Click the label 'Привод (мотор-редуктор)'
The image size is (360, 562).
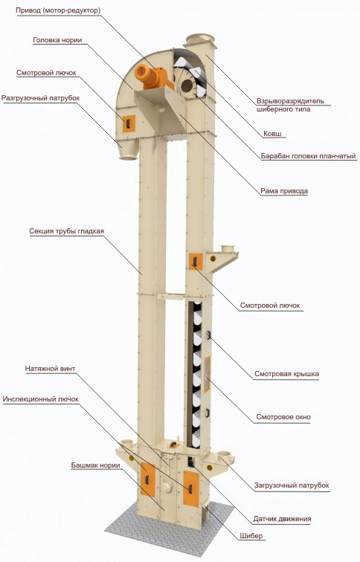58,10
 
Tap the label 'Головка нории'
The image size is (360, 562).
57,40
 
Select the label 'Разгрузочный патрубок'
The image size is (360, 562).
40,98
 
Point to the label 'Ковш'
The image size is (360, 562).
272,134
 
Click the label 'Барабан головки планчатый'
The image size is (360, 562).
309,156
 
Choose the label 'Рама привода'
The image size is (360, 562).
284,191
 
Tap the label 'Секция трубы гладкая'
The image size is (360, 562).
67,231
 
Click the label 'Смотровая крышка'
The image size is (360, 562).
286,374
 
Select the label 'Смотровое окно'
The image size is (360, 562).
283,417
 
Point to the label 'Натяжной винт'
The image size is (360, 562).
50,369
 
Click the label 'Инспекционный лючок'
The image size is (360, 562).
40,399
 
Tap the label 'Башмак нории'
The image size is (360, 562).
95,465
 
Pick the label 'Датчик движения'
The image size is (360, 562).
282,519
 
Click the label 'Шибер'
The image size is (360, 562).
251,536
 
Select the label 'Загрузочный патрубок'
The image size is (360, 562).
292,485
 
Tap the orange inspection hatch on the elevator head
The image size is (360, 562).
129,123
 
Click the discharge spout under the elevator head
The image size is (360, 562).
128,150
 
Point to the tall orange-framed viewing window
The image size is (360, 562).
208,375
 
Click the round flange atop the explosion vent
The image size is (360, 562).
199,38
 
